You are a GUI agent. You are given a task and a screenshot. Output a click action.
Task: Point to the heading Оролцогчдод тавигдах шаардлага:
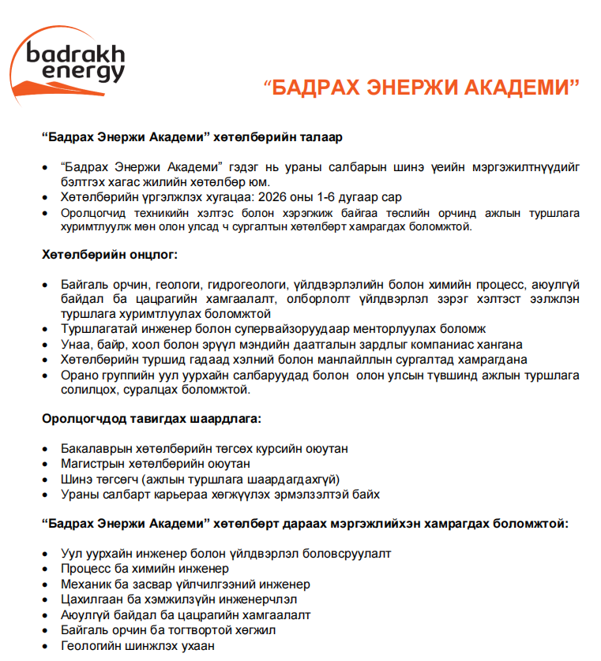pyautogui.click(x=150, y=418)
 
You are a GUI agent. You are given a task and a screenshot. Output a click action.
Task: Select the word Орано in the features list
pyautogui.click(x=78, y=375)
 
